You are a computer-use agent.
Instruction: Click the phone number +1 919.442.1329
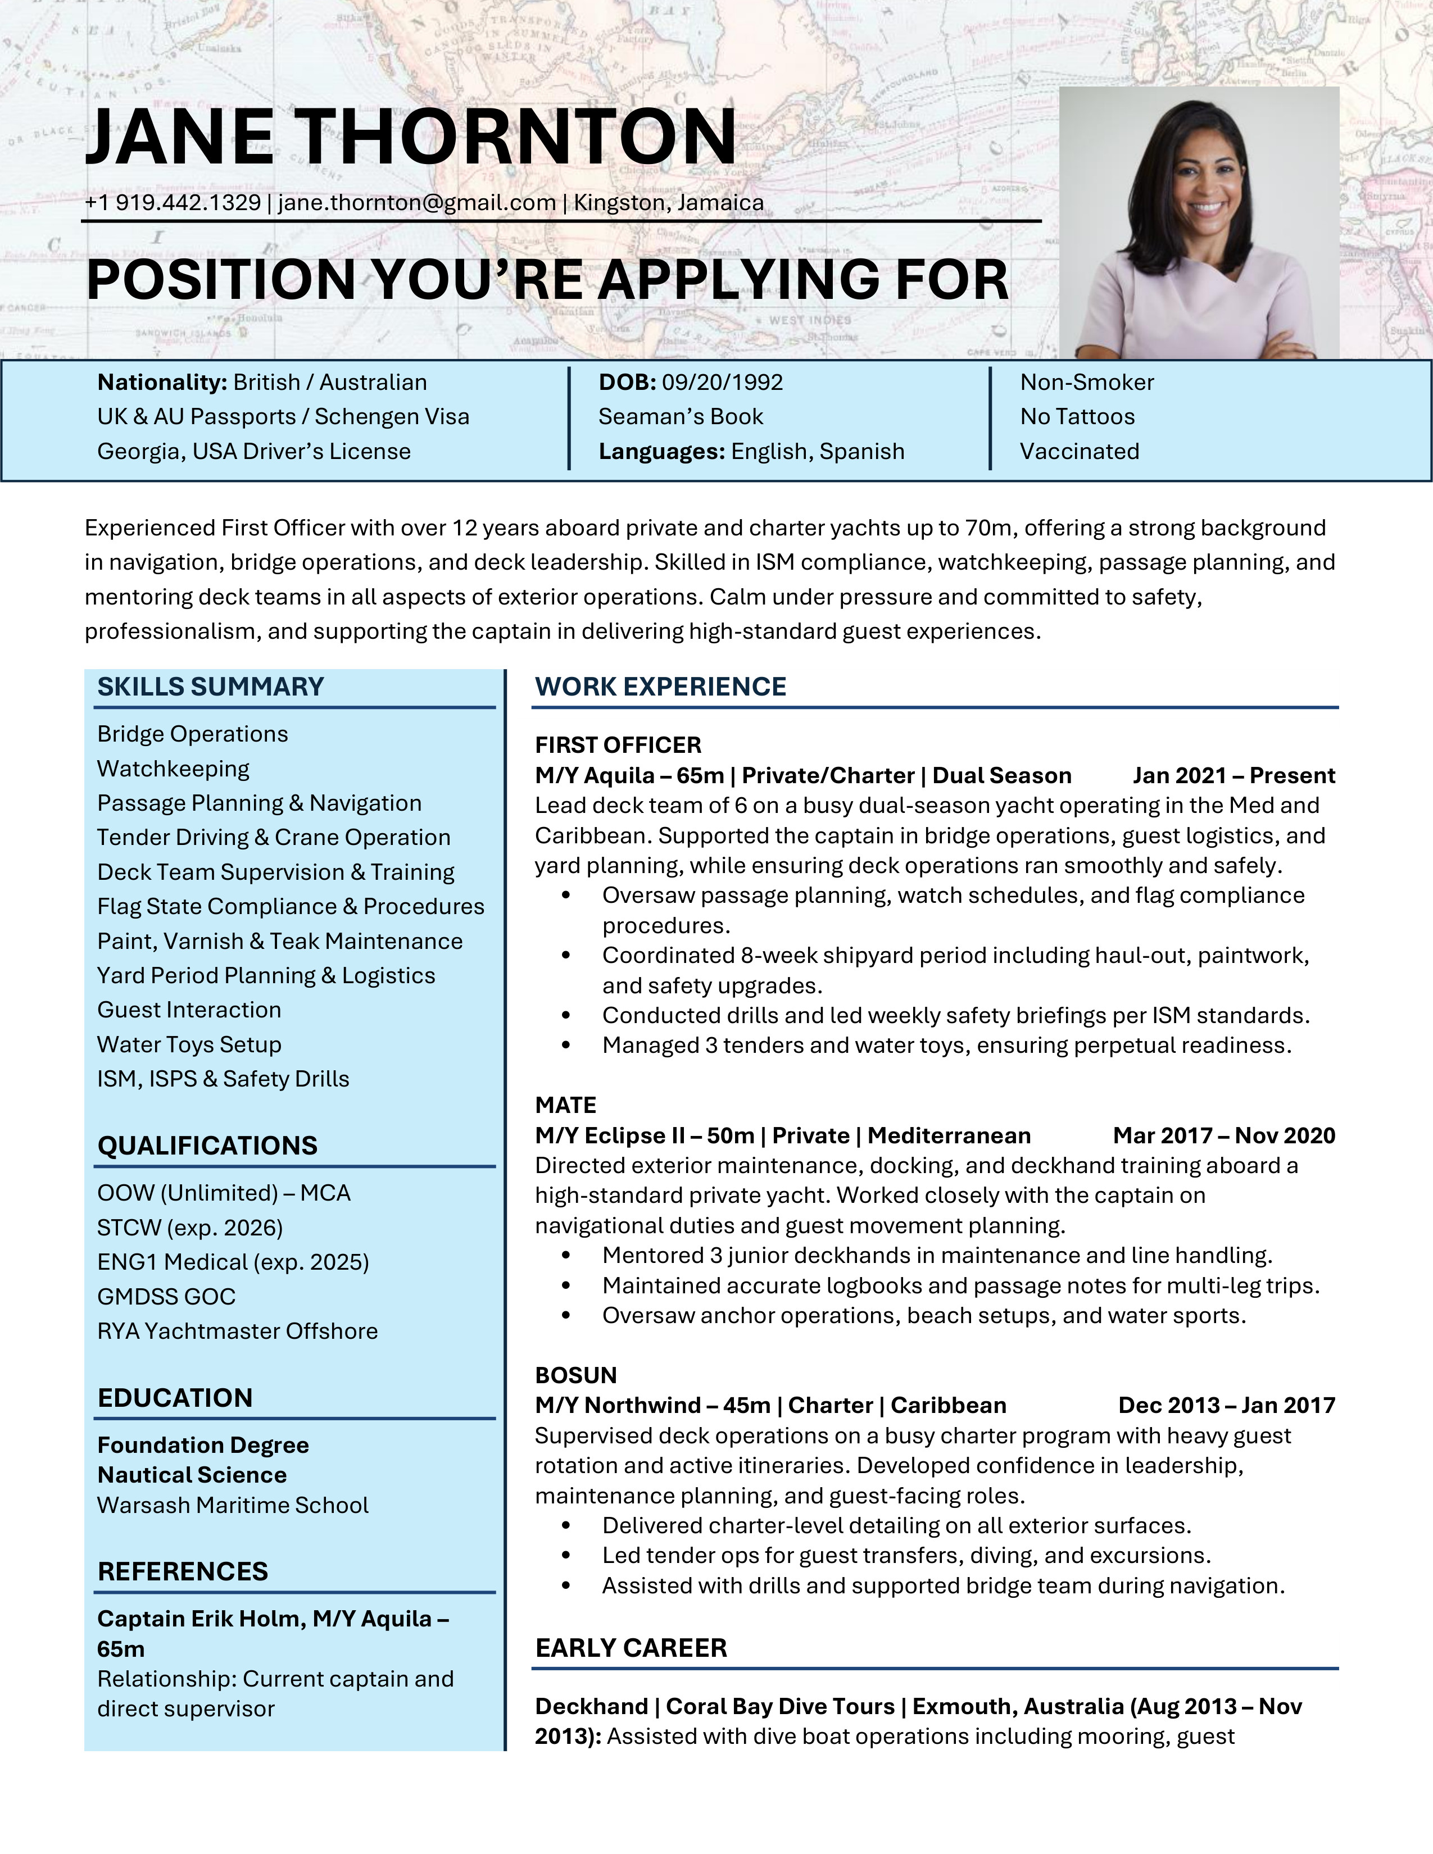click(173, 203)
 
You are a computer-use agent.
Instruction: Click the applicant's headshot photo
click(1199, 222)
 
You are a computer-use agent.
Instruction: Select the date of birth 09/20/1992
click(723, 382)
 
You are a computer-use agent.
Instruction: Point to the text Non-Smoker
click(1087, 382)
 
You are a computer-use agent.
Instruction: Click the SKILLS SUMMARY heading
click(211, 687)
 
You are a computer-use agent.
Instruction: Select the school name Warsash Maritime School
click(233, 1505)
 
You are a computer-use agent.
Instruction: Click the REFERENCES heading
click(183, 1571)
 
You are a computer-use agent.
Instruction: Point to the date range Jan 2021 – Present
click(1234, 775)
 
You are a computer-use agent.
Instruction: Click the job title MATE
click(565, 1105)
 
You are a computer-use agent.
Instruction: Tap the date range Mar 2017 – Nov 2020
click(1223, 1136)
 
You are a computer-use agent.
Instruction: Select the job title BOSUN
click(575, 1375)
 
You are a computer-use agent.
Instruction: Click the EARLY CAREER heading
click(631, 1648)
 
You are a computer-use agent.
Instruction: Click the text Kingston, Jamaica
click(669, 203)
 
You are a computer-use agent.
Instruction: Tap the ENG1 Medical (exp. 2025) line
click(233, 1262)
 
